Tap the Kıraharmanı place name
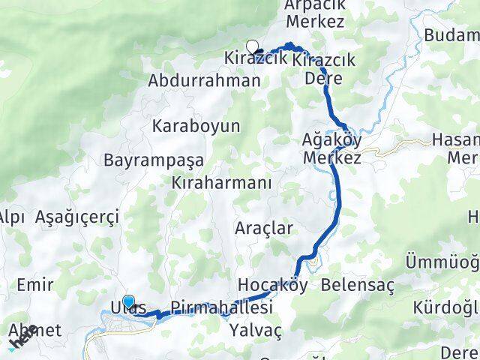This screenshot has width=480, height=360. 221,182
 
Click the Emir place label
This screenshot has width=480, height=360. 34,285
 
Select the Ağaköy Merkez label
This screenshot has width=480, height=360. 332,149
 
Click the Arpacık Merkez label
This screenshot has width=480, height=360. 314,13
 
